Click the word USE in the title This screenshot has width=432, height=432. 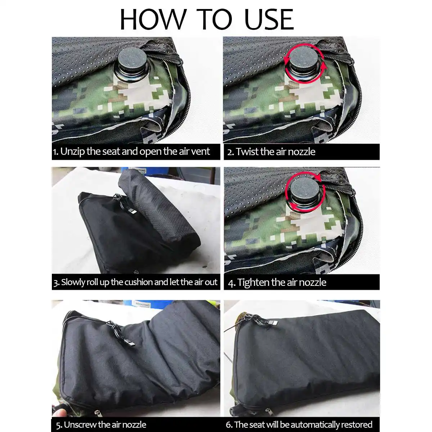point(269,19)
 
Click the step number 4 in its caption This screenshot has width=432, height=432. point(231,283)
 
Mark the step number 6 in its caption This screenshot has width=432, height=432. point(229,424)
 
